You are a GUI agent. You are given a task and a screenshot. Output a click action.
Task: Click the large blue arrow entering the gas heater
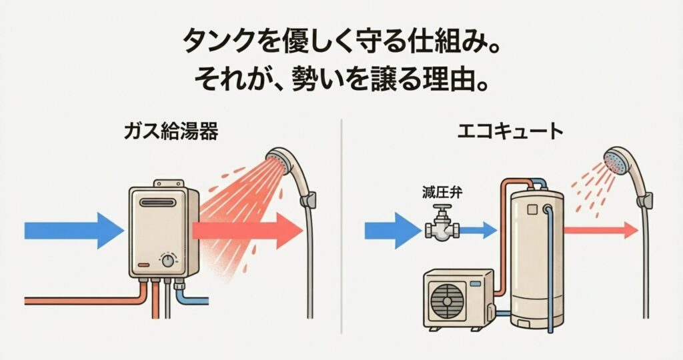(73, 231)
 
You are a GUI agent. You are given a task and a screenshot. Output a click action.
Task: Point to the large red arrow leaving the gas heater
(247, 231)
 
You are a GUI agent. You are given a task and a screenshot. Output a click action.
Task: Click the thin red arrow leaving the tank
(600, 231)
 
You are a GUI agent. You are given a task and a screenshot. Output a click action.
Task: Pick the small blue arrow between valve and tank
(479, 231)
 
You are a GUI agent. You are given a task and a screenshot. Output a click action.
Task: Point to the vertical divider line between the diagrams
(341, 227)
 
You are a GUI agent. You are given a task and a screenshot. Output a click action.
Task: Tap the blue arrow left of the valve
(390, 231)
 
